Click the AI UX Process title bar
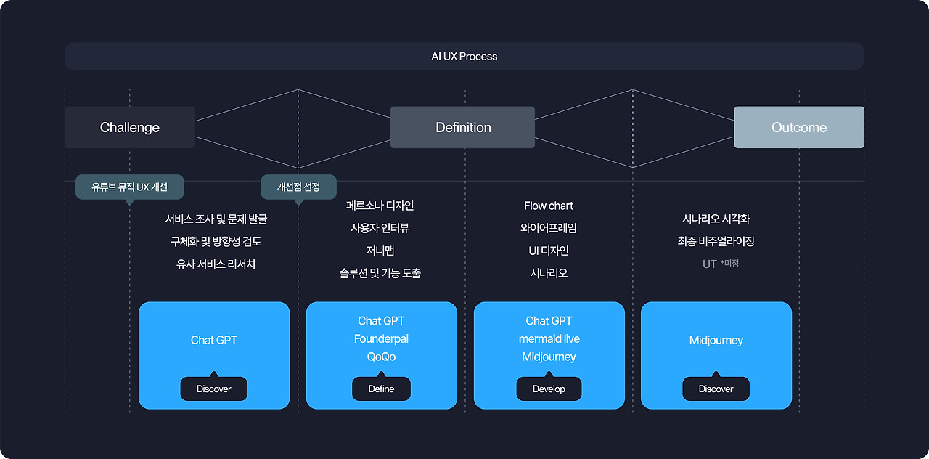(464, 56)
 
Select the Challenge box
(130, 127)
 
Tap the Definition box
(463, 127)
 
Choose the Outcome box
(799, 127)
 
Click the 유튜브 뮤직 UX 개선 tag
(130, 187)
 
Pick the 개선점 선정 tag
(298, 187)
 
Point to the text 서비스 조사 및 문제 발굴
(216, 219)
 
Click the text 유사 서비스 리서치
(216, 264)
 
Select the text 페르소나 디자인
(380, 206)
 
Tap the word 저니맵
(380, 251)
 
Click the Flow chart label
(549, 206)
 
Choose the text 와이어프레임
(549, 228)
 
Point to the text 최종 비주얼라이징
(716, 241)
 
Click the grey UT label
(710, 264)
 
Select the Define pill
(381, 389)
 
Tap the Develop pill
(549, 389)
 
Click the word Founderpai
(381, 339)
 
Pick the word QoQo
(381, 357)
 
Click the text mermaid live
(549, 339)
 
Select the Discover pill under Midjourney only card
(716, 389)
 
